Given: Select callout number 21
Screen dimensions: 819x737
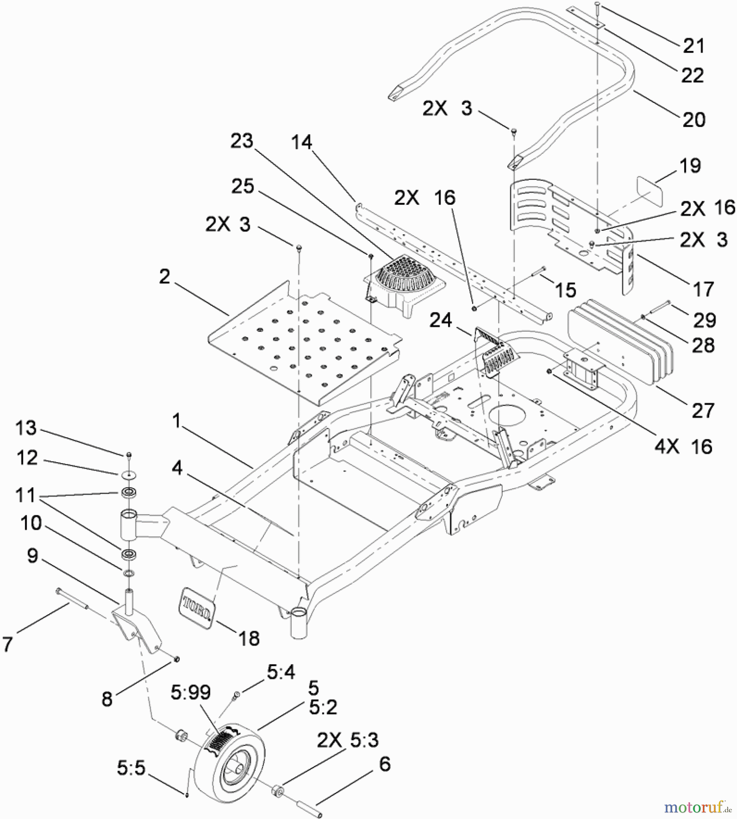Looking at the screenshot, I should (693, 46).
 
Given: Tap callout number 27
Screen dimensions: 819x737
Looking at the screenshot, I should (703, 411).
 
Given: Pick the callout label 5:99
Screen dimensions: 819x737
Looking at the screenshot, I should (191, 693).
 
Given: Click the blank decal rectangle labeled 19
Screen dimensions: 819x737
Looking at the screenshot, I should (650, 191).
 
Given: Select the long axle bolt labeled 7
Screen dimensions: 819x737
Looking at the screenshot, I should (73, 598).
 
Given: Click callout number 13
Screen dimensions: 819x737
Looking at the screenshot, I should (26, 428).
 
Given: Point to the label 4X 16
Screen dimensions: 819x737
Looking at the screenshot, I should (683, 447).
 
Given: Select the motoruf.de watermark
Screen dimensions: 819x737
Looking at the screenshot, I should (697, 808).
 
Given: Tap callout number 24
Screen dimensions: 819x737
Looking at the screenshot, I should (440, 320).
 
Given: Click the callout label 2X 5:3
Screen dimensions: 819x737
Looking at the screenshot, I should (348, 740).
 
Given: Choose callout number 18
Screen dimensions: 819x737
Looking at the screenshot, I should (249, 639).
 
